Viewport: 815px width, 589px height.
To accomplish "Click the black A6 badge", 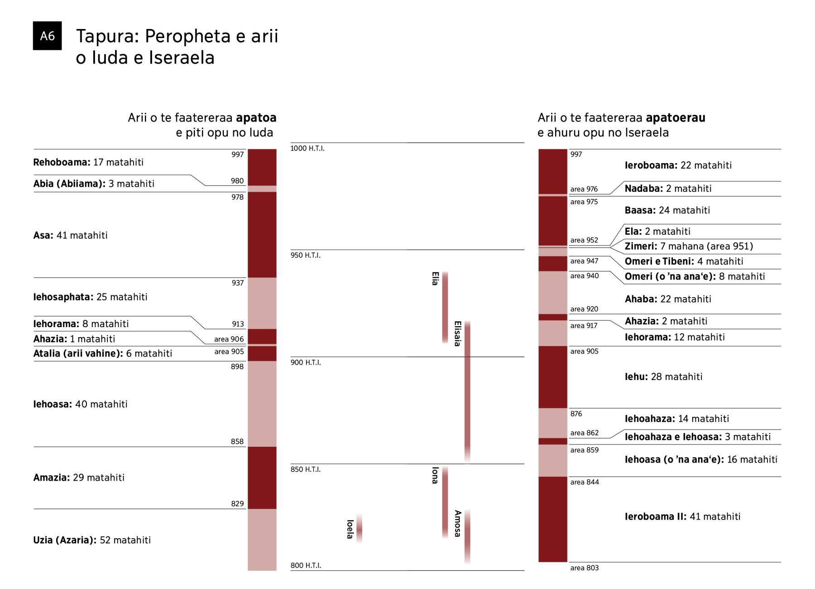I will [x=47, y=36].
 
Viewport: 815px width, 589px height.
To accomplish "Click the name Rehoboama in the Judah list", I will [x=61, y=162].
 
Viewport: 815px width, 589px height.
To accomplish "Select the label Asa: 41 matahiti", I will [x=70, y=235].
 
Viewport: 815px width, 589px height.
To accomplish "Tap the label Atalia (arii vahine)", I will [x=77, y=353].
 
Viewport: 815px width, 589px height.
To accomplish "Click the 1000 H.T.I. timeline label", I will [x=307, y=149].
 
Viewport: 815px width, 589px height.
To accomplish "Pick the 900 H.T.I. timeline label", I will [x=306, y=362].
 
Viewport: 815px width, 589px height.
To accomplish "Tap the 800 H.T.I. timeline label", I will [x=306, y=565].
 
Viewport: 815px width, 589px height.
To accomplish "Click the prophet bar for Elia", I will [x=445, y=307].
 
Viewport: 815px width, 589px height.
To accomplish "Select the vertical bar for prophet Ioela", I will [x=359, y=529].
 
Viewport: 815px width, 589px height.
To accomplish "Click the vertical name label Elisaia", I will [x=457, y=333].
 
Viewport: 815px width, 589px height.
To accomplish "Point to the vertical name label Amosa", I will [x=457, y=524].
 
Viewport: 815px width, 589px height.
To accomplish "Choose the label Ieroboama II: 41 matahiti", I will [x=682, y=517].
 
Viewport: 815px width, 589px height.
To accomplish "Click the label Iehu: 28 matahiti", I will [x=663, y=377].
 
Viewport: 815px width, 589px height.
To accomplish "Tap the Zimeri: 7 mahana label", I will [x=688, y=246].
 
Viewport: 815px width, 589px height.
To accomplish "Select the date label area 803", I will [x=584, y=568].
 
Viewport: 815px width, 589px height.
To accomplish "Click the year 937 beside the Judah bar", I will [x=237, y=283].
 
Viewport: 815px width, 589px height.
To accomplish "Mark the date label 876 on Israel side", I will [x=576, y=414].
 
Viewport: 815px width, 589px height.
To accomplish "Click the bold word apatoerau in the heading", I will [x=675, y=118].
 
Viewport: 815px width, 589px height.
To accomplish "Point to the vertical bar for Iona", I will [x=445, y=502].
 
